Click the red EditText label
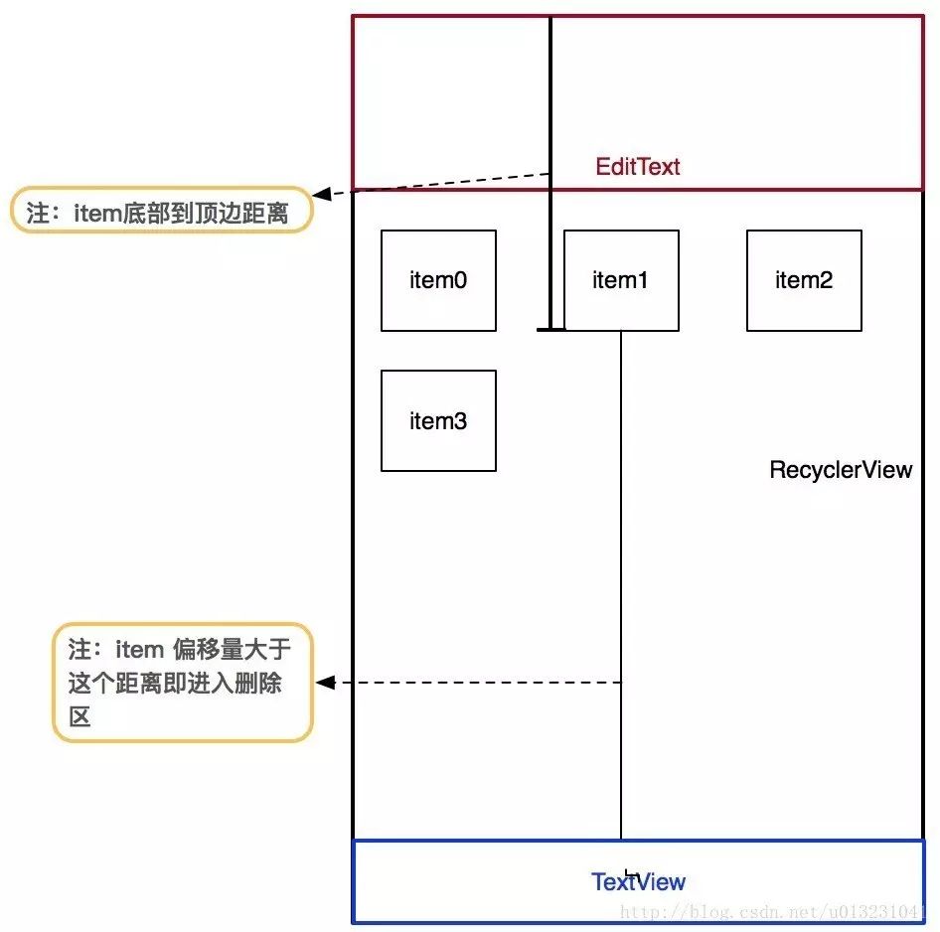click(637, 167)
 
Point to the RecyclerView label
click(841, 470)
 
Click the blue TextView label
click(638, 881)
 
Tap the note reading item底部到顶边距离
click(161, 210)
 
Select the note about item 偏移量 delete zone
click(183, 683)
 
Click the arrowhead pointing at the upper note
click(321, 194)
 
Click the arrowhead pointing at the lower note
click(325, 682)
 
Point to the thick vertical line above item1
click(550, 173)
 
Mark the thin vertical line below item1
click(621, 585)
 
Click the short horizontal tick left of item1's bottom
click(550, 329)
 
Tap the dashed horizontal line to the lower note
click(478, 682)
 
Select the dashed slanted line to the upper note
click(440, 184)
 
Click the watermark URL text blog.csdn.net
click(773, 912)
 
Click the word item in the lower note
click(139, 650)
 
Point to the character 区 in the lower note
click(79, 716)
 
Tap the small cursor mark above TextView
click(631, 874)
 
